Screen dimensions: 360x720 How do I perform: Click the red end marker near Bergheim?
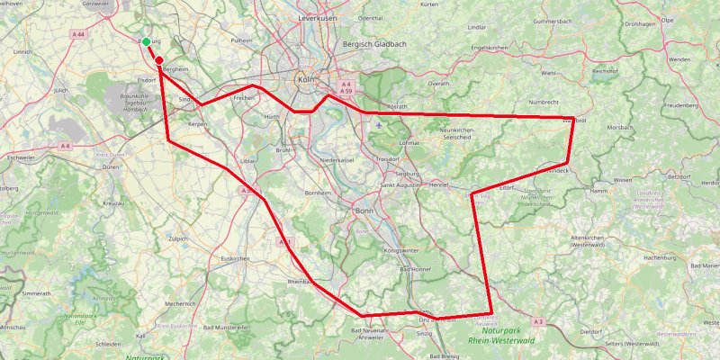pyautogui.click(x=159, y=60)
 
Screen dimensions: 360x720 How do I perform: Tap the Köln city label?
pyautogui.click(x=304, y=79)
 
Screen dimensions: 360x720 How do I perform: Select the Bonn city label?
pyautogui.click(x=364, y=210)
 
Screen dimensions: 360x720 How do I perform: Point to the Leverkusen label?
pyautogui.click(x=317, y=19)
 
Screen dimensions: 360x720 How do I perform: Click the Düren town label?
pyautogui.click(x=111, y=167)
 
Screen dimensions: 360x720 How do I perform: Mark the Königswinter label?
pyautogui.click(x=401, y=250)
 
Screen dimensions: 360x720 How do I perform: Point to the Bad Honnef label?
pyautogui.click(x=416, y=270)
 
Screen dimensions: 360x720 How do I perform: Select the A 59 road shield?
pyautogui.click(x=346, y=91)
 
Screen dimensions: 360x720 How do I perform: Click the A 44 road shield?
pyautogui.click(x=79, y=34)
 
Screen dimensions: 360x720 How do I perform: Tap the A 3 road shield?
pyautogui.click(x=538, y=321)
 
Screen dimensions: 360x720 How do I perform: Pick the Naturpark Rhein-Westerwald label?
pyautogui.click(x=503, y=335)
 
